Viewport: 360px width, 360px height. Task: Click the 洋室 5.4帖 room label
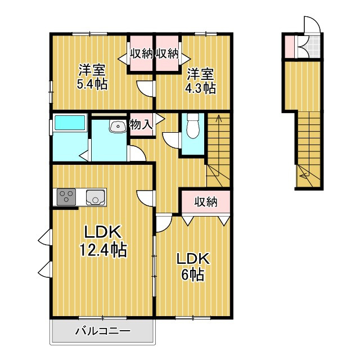pos(92,76)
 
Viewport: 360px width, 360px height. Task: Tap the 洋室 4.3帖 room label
pos(201,81)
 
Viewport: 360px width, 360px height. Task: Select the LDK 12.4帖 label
pos(103,241)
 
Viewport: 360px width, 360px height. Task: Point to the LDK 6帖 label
pos(193,267)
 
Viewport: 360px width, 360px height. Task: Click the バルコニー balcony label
pos(103,331)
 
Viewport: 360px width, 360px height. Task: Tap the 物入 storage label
pos(141,125)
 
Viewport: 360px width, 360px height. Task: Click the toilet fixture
pos(193,126)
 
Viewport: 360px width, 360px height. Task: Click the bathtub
pos(70,123)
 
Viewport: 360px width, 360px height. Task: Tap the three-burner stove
pos(66,197)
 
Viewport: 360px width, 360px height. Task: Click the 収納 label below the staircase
pos(206,202)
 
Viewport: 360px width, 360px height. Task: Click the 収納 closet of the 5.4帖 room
pos(141,53)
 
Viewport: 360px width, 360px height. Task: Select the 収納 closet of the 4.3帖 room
pos(167,53)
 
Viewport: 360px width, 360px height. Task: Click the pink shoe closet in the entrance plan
pos(290,47)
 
